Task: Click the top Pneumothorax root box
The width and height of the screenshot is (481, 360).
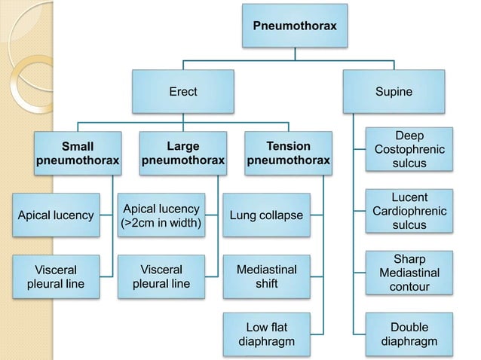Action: pos(295,26)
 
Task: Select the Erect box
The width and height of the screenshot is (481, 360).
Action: pos(182,92)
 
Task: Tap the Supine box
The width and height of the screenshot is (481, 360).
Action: pos(394,92)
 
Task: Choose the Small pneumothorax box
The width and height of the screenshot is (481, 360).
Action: pos(78,153)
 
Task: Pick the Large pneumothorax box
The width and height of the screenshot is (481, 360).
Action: pos(183,153)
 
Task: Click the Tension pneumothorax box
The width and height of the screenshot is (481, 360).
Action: pos(288,153)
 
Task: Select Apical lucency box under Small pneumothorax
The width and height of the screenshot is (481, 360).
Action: pos(55,215)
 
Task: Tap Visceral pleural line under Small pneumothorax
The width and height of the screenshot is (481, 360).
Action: pos(55,276)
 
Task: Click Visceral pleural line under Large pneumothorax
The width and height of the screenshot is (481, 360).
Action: pos(161,276)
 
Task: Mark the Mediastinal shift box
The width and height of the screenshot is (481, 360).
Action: pos(267,276)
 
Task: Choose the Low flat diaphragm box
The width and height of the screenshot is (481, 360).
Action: pos(267,335)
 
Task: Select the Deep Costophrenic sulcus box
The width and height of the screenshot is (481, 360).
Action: pos(409,149)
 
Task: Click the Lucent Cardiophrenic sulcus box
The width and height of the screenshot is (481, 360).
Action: pos(409,211)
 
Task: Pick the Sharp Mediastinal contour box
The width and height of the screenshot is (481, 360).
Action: pos(409,273)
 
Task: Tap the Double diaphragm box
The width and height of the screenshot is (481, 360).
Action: pos(409,335)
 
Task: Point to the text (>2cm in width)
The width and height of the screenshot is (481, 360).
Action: pos(161,223)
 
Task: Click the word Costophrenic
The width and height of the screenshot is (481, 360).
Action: pos(409,149)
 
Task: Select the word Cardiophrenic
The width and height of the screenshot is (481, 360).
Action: pos(409,211)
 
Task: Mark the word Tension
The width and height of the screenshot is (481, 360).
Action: pos(288,145)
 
